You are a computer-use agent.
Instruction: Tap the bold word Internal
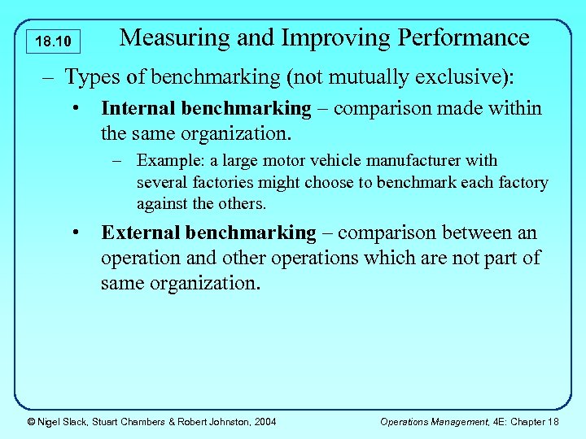138,108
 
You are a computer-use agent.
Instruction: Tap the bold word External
140,233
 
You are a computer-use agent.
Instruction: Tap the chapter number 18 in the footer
553,421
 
